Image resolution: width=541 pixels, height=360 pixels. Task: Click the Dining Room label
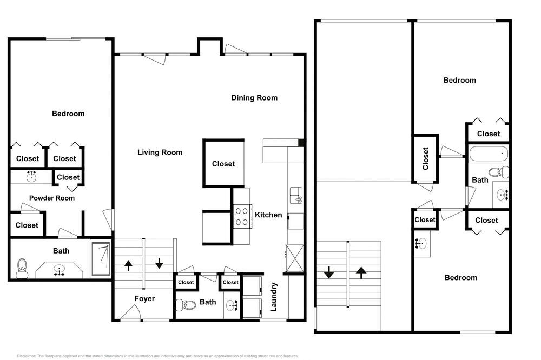tap(254, 98)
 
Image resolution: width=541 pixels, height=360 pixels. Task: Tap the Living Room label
tap(160, 152)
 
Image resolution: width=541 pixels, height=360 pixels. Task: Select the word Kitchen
tap(268, 215)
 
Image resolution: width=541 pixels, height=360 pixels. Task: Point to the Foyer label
tap(144, 298)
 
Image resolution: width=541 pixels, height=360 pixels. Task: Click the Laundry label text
tap(274, 297)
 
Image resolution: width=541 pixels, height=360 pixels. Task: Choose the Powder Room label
tap(52, 198)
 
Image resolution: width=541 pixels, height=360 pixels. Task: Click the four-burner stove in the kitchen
tap(242, 217)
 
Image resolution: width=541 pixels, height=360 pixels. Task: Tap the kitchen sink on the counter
tap(296, 195)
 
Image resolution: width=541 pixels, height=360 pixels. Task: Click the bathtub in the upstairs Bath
tap(488, 154)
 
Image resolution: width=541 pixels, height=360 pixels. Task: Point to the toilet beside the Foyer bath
tap(186, 304)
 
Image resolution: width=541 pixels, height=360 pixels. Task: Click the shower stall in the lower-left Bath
tap(101, 259)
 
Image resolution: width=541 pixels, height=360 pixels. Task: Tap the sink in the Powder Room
tap(31, 177)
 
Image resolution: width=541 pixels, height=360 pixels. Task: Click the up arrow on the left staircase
tap(128, 265)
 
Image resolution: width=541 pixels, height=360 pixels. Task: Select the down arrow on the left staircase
tap(159, 263)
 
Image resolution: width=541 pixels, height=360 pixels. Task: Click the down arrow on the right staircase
tap(329, 272)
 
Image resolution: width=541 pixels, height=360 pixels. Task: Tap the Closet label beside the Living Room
tap(223, 164)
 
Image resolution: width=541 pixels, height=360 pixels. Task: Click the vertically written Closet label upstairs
tap(425, 158)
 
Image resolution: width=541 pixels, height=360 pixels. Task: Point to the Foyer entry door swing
tap(130, 312)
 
